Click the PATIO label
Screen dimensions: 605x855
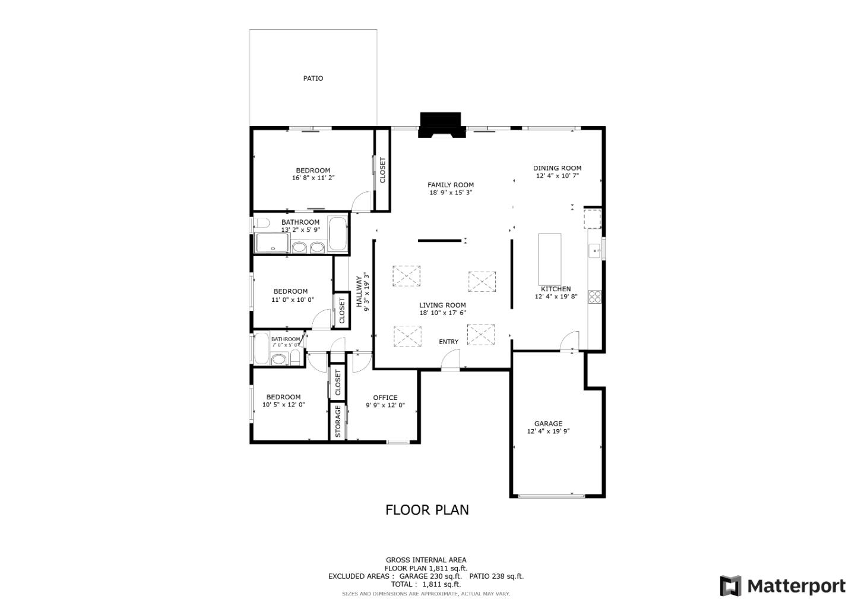tap(313, 78)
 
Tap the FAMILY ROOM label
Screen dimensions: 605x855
tap(451, 185)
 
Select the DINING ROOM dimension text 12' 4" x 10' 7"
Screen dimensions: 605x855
tap(557, 176)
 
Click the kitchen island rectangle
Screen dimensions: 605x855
tap(550, 259)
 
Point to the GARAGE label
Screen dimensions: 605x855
tap(548, 424)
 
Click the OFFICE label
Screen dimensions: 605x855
tap(385, 398)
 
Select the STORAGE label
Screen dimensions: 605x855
tap(338, 421)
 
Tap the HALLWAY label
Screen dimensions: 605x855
tap(359, 291)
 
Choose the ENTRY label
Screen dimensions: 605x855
tap(449, 342)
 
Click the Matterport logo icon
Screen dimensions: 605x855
tap(730, 586)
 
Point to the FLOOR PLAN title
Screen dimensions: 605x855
tap(427, 510)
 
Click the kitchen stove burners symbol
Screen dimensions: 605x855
tap(594, 296)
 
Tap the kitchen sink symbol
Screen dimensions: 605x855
tap(594, 251)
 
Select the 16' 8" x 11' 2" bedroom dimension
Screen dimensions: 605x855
tap(313, 178)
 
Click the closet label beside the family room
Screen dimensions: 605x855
tap(382, 170)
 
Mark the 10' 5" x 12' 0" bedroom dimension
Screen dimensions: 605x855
tap(284, 405)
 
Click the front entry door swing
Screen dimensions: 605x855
tap(451, 360)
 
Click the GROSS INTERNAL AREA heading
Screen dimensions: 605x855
tap(426, 560)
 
